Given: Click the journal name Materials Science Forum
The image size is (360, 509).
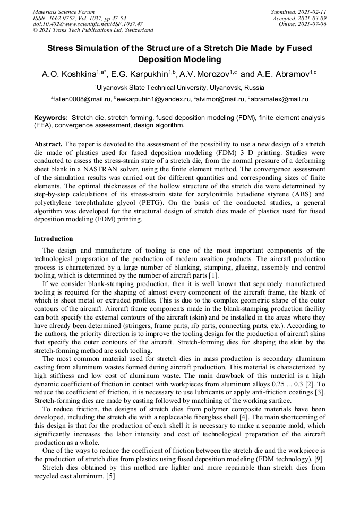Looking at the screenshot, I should coord(64,12).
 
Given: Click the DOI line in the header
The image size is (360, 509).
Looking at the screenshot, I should coord(88,24).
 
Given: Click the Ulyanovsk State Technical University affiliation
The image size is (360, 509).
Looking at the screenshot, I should coord(181,87).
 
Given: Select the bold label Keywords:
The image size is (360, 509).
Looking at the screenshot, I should coord(51,117).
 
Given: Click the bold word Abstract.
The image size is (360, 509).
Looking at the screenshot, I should coord(48,144).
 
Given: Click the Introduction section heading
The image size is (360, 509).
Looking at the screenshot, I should coord(54,239).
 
